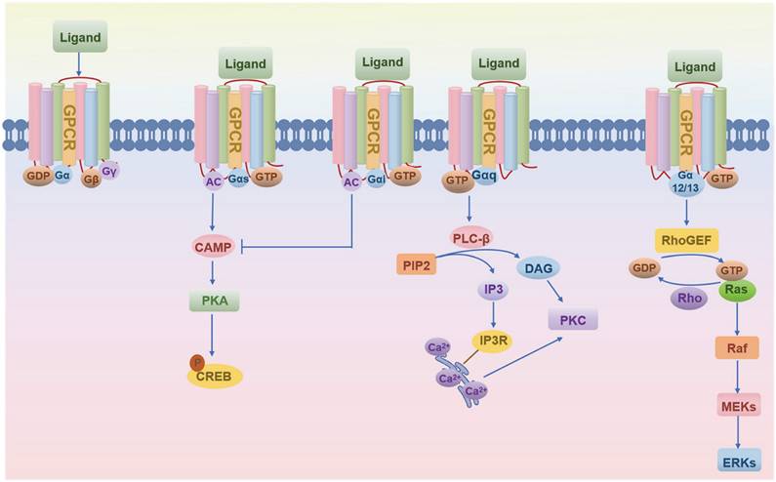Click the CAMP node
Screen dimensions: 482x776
point(212,248)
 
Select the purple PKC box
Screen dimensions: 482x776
point(571,319)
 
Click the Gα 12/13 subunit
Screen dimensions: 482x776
point(685,181)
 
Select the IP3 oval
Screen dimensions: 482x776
point(494,290)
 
